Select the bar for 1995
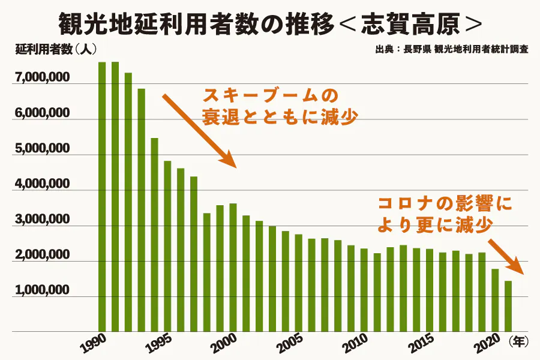point(167,246)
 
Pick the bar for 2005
point(298,282)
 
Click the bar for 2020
point(495,300)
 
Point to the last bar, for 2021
point(508,306)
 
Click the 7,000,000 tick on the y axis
point(40,79)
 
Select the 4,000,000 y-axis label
point(40,185)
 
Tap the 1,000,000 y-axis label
point(40,290)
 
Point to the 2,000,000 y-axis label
point(40,256)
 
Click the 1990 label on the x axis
point(94,341)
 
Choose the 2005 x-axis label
point(290,341)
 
